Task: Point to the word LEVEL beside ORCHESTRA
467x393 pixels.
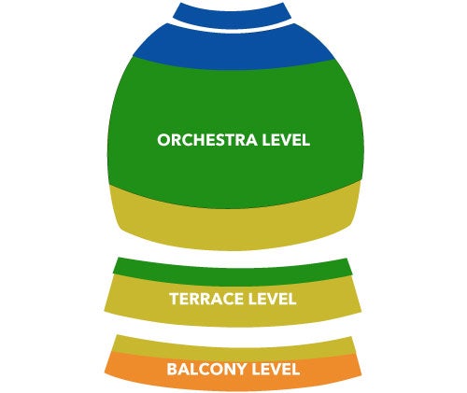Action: (286, 140)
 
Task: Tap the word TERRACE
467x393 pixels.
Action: (206, 299)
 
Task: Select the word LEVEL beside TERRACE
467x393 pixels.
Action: (272, 299)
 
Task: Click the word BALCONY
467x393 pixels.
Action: (207, 370)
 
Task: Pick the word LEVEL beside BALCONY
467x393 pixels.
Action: (276, 370)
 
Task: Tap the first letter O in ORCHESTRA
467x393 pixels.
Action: (163, 140)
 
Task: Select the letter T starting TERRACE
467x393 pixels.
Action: (175, 299)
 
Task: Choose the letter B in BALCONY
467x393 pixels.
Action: (172, 370)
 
